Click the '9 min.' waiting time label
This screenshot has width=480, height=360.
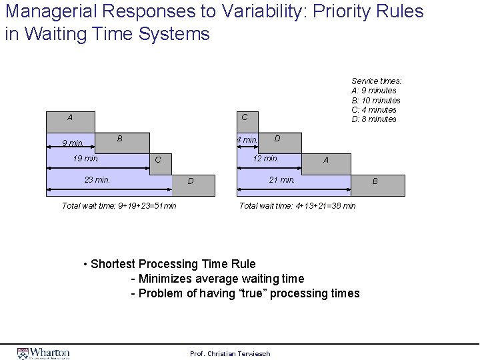73,143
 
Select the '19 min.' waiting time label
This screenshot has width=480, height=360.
86,159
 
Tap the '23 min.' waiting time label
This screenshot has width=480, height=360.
97,179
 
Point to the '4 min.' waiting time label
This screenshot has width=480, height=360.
247,140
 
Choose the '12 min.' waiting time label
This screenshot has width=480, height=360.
265,159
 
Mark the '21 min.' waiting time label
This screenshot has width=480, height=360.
282,179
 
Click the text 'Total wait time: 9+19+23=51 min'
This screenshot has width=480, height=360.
119,205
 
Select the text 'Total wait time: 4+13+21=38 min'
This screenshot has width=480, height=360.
297,205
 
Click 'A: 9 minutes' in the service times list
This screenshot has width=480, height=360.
374,91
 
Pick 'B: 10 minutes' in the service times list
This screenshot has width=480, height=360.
376,100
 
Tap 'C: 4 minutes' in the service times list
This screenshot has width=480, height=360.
374,110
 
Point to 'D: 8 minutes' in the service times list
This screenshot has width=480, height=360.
374,119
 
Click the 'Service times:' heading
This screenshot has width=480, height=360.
377,81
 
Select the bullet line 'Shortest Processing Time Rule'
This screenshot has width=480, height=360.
173,264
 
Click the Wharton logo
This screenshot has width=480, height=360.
43,353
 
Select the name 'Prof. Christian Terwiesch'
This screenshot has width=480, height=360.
230,353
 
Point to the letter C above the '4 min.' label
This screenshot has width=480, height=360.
245,117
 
